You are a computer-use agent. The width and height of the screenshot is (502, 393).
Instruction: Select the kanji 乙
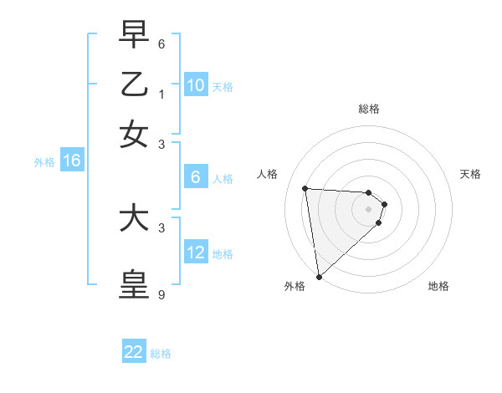[134, 85]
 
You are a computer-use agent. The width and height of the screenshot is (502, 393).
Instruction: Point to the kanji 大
[134, 219]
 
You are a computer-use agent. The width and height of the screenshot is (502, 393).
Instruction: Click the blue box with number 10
[196, 85]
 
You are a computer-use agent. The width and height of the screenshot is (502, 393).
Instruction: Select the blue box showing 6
[196, 177]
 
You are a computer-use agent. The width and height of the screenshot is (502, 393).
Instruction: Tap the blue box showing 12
[196, 253]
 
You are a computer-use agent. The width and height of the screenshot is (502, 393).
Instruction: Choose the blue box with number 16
[71, 161]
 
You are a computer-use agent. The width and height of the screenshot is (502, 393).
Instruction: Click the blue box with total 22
[134, 352]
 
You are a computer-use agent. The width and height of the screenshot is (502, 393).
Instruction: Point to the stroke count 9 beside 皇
[161, 295]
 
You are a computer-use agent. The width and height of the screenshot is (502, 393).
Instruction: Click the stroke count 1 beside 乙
[161, 94]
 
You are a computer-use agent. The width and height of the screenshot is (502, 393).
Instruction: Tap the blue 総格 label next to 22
[161, 354]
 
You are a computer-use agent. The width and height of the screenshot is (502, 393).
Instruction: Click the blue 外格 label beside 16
[44, 162]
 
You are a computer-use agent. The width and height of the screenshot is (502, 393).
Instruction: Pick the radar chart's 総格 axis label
[369, 109]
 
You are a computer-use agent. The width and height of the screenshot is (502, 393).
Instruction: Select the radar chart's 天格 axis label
[471, 174]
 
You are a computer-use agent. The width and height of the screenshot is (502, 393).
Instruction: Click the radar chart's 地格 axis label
[438, 286]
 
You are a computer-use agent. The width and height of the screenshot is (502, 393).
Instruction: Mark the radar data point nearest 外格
[319, 276]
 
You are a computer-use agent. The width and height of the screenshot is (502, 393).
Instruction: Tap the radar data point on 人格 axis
[305, 188]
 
